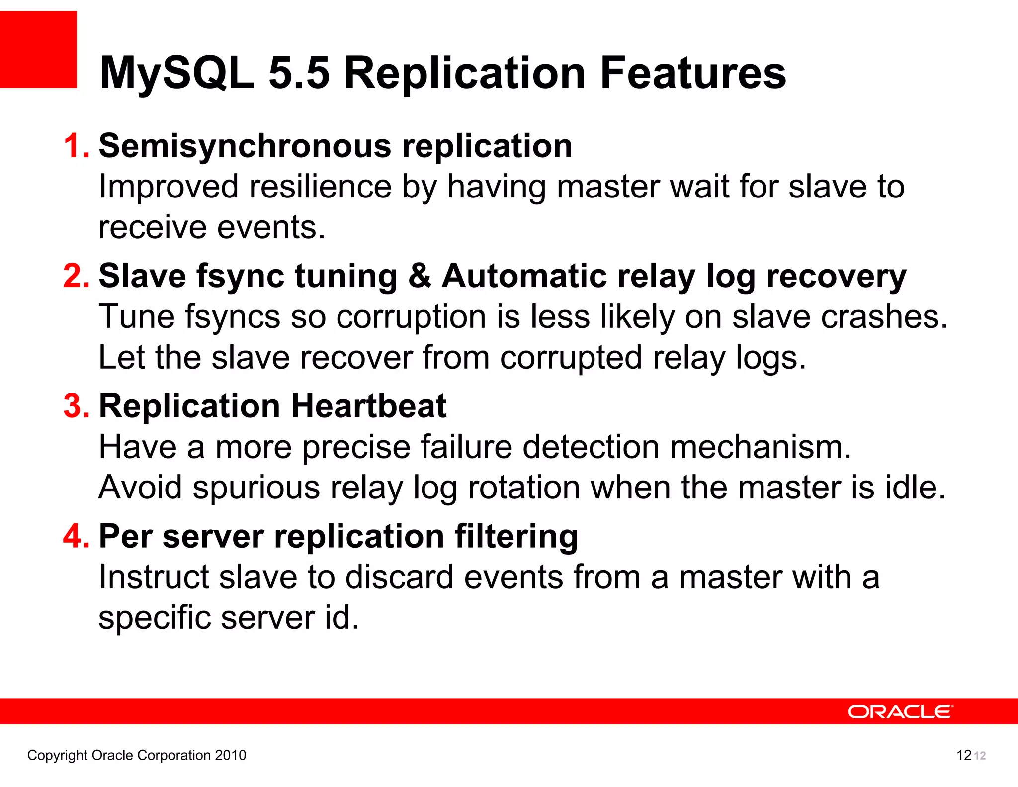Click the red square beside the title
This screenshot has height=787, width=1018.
coord(38,49)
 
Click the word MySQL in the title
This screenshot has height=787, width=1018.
coord(176,73)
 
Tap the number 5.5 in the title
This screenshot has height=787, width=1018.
coord(299,73)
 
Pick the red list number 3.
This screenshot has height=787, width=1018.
coord(76,406)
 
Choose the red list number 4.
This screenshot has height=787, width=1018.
coord(76,536)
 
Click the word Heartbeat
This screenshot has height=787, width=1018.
coord(368,406)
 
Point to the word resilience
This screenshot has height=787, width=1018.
coord(320,187)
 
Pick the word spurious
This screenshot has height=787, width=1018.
coord(256,488)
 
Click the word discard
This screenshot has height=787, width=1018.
coord(399,577)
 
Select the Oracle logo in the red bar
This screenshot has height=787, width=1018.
coord(900,712)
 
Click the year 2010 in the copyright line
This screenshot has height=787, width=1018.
coord(230,755)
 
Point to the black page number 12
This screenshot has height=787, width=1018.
coord(963,755)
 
